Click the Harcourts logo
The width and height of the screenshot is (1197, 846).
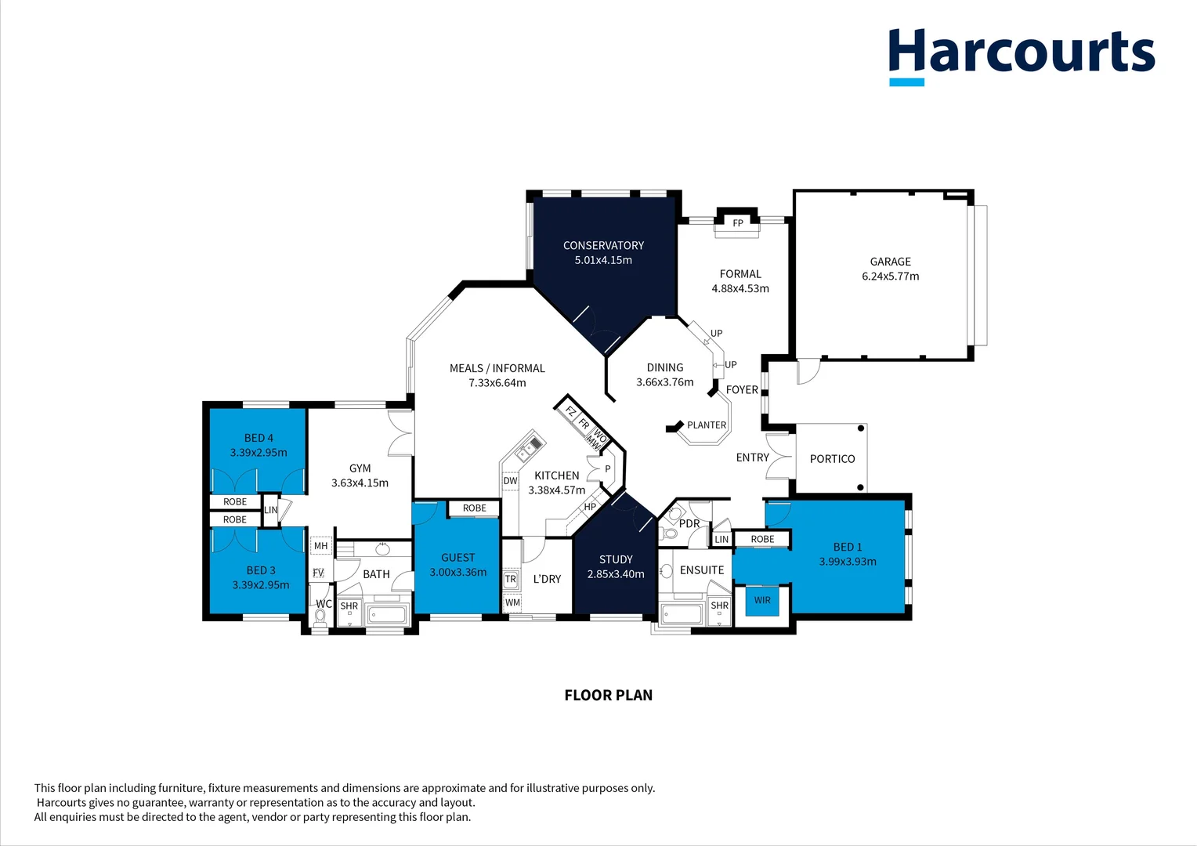[1022, 56]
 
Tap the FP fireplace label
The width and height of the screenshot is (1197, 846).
[737, 222]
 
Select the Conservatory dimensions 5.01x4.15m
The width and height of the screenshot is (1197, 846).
[603, 260]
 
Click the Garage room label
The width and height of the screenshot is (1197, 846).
[890, 262]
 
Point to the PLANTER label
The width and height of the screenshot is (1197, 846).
[707, 425]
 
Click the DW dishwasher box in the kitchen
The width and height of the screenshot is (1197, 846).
[510, 480]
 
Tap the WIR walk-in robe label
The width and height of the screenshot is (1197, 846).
[762, 600]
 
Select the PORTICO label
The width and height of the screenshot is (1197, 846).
[832, 458]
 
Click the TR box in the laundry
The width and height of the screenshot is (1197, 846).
[510, 579]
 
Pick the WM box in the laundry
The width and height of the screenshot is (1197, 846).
[512, 602]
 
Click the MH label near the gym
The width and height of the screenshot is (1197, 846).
[320, 546]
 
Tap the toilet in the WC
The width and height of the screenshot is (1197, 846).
[320, 618]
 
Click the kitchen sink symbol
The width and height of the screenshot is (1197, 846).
[529, 448]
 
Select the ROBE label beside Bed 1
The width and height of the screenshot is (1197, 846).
[762, 539]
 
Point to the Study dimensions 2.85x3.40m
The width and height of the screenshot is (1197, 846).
[616, 574]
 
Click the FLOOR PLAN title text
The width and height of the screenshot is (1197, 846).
[609, 696]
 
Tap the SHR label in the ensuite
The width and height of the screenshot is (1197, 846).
[719, 606]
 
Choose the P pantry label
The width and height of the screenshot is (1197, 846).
[608, 468]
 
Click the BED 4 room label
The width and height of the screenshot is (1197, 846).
[259, 438]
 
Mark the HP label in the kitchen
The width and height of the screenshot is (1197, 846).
[590, 507]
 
